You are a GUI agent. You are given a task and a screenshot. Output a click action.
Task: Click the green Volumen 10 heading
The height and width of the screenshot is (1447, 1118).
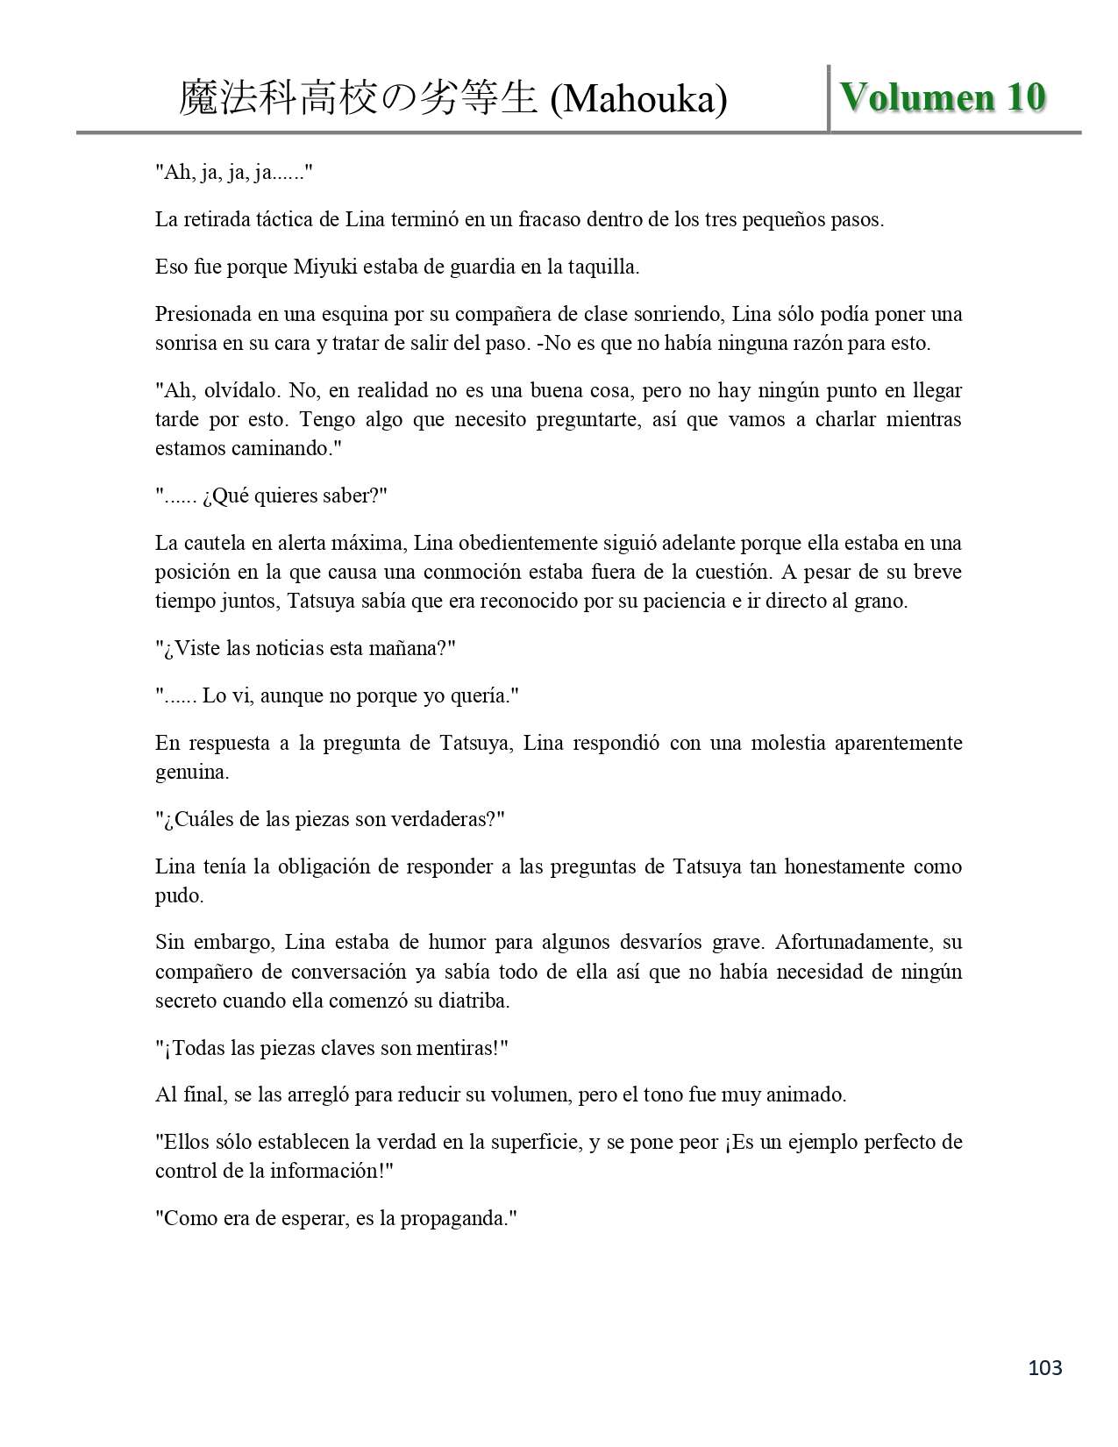point(943,97)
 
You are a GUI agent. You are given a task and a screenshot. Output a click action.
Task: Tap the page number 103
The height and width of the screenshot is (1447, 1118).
point(1044,1367)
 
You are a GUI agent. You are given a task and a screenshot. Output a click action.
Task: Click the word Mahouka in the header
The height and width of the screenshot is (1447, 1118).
point(637,100)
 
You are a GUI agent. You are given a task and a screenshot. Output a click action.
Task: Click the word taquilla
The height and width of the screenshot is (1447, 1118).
point(605,267)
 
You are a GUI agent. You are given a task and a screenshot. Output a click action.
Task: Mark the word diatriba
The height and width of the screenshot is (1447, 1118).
point(474,1001)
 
